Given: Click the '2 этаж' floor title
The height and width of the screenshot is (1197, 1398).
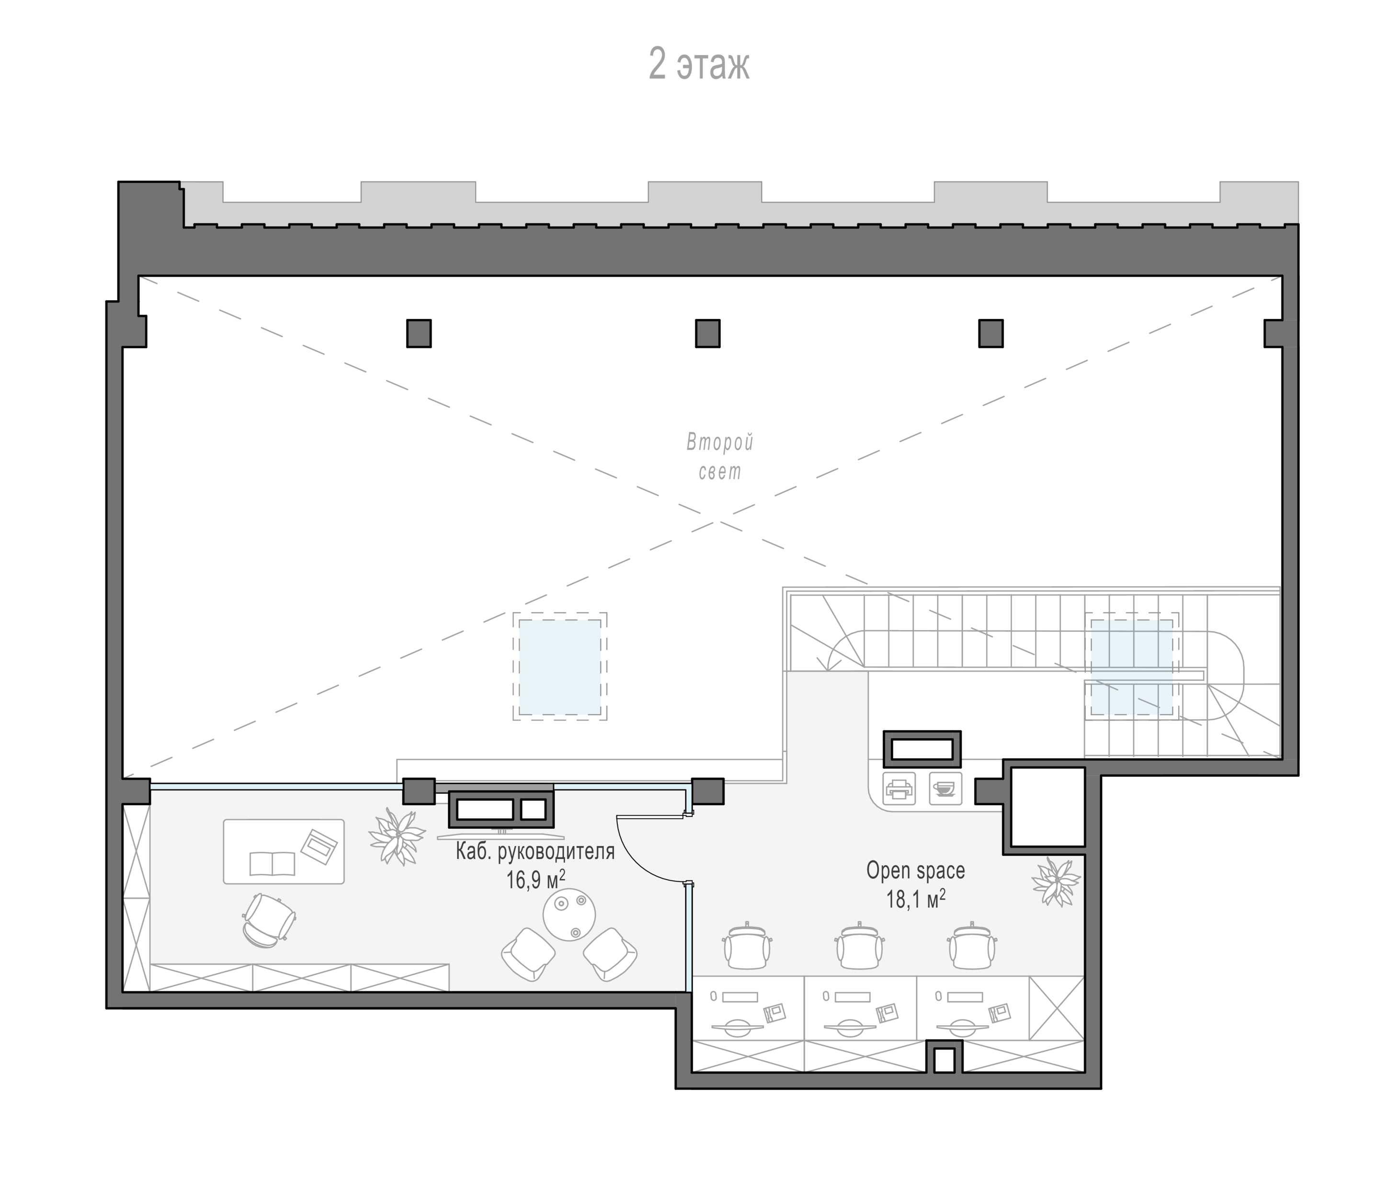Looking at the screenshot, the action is [x=699, y=64].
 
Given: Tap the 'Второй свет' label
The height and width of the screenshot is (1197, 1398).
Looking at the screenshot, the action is [x=720, y=457].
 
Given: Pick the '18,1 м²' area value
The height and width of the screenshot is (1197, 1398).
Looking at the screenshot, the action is [x=916, y=898].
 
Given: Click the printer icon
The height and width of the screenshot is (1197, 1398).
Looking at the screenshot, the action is [x=898, y=788].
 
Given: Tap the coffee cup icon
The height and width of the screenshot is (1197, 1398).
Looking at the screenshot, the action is [x=945, y=788].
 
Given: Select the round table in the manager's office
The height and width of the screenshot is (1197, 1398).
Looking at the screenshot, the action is [x=569, y=915].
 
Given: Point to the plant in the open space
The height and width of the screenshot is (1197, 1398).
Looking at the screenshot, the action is [x=1055, y=881].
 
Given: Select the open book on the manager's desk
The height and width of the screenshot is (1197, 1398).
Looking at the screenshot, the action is [x=272, y=864].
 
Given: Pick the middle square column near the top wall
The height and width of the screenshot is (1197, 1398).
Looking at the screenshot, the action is [x=708, y=333].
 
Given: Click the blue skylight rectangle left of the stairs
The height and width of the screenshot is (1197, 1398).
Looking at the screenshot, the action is [x=559, y=667].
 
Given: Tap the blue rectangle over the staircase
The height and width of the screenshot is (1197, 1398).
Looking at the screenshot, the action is [x=1132, y=667].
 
